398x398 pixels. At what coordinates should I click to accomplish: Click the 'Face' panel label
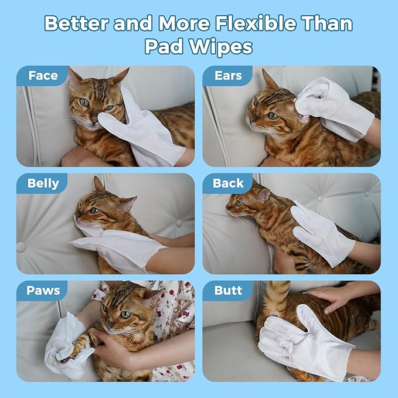pyautogui.click(x=43, y=76)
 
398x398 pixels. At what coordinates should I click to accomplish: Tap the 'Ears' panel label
pyautogui.click(x=228, y=76)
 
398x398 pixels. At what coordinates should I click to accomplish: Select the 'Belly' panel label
pyautogui.click(x=43, y=183)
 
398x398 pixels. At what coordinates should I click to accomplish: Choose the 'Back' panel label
pyautogui.click(x=228, y=183)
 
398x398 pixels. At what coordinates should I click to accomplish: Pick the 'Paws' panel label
pyautogui.click(x=43, y=290)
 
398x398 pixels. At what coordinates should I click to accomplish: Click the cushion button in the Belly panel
pyautogui.click(x=21, y=247)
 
